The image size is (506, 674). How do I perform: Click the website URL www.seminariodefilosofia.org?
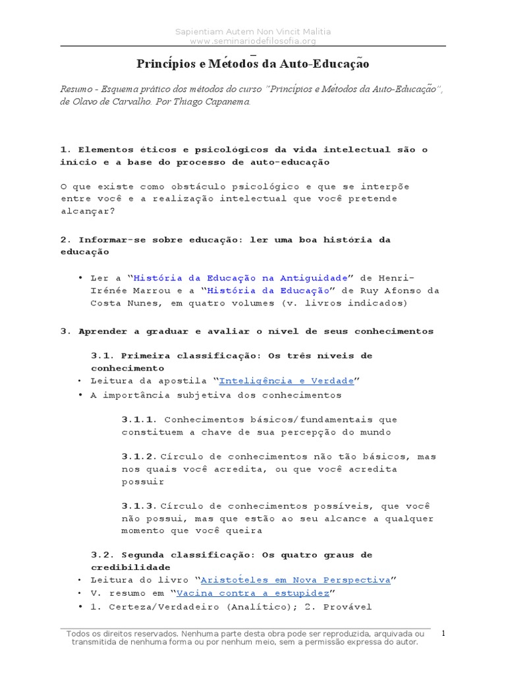253,41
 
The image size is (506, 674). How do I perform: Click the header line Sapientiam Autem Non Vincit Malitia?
253,32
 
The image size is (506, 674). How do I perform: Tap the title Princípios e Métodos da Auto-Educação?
253,64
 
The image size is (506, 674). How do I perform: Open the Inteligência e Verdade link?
286,381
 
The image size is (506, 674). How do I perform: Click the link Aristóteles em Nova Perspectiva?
295,580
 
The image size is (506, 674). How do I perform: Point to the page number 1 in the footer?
444,633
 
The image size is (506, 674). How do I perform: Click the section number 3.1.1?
140,419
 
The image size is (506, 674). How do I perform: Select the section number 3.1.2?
140,456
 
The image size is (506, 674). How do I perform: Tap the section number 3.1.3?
140,506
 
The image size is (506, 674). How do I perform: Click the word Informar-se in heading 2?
105,240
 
